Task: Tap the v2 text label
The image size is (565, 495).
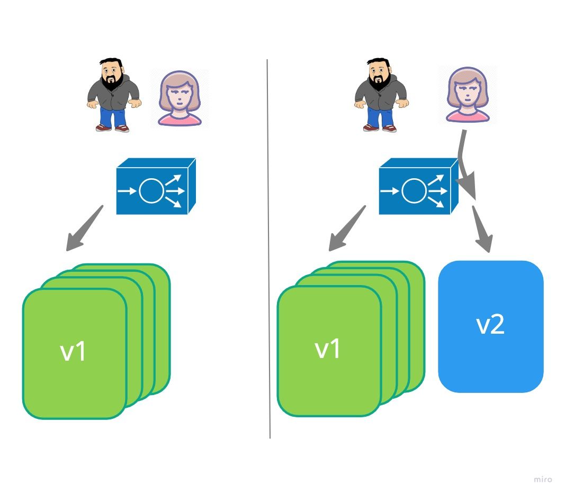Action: [490, 325]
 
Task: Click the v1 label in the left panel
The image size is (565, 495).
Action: [74, 352]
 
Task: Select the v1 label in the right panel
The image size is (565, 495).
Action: [328, 349]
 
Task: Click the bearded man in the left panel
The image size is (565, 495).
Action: [113, 95]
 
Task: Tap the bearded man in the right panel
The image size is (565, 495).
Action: [380, 95]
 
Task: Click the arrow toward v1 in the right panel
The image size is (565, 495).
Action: [346, 228]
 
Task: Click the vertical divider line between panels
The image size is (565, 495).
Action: [268, 249]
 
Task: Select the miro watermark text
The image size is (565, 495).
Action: [543, 479]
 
